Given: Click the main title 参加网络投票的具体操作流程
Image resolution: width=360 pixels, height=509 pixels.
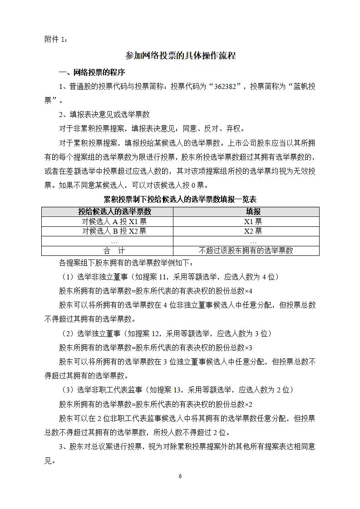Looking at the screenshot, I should [x=180, y=56].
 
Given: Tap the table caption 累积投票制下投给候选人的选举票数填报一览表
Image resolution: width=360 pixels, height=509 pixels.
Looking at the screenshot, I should [x=180, y=199].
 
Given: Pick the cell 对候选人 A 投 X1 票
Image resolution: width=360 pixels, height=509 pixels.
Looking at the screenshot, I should [x=108, y=221].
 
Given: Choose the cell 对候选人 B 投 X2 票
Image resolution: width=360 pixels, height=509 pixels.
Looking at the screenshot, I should [x=108, y=231].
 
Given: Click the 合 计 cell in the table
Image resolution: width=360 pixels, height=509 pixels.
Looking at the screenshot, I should [x=108, y=250].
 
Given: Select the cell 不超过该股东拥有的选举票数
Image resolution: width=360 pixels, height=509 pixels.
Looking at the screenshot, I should [x=247, y=250].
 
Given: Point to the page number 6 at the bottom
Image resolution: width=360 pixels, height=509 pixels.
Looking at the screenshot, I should [x=180, y=476].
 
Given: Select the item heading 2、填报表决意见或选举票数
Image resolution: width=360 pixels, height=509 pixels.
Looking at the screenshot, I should [x=104, y=114].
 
